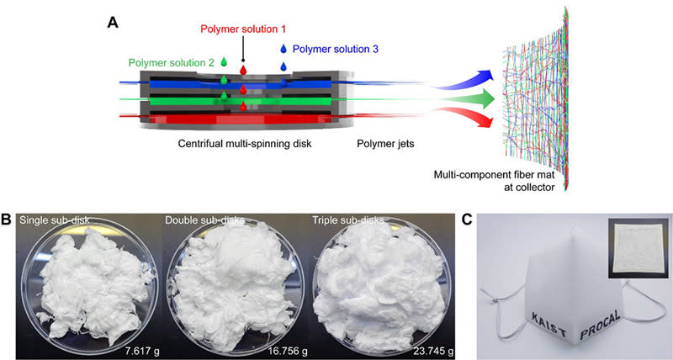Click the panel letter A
click(113, 23)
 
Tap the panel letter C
click(469, 220)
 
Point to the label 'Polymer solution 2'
click(172, 62)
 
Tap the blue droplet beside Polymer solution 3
click(284, 64)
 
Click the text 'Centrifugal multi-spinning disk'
click(244, 144)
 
